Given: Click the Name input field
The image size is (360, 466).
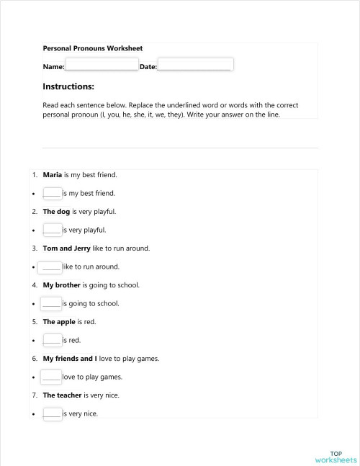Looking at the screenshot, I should coord(102,66).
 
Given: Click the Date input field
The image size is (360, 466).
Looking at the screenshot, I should coord(195,66).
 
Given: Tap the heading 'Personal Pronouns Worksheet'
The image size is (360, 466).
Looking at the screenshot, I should coord(93,48).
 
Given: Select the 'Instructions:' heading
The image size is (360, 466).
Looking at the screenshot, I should coord(68,86).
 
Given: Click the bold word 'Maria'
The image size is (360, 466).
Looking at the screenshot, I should coord(53,175).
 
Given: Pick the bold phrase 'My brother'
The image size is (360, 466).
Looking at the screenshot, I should coord(61,285).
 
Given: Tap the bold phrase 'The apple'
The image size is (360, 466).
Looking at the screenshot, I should coord(59,322).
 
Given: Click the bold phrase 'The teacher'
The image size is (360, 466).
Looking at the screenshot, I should coord(62,395).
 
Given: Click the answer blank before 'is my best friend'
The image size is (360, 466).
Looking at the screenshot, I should coord(52,193).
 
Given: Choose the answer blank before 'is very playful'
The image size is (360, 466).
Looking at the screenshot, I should coord(52,230).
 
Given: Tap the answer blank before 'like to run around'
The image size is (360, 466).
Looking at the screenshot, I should coord(52,266).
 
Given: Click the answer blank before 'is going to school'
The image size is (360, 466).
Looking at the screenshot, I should coord(52,303).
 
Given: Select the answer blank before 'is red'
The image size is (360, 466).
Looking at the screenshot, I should coord(52,340).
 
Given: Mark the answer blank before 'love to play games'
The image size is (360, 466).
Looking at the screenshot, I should coord(52,377).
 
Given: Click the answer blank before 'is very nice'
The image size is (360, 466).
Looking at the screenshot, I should coord(52,413).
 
